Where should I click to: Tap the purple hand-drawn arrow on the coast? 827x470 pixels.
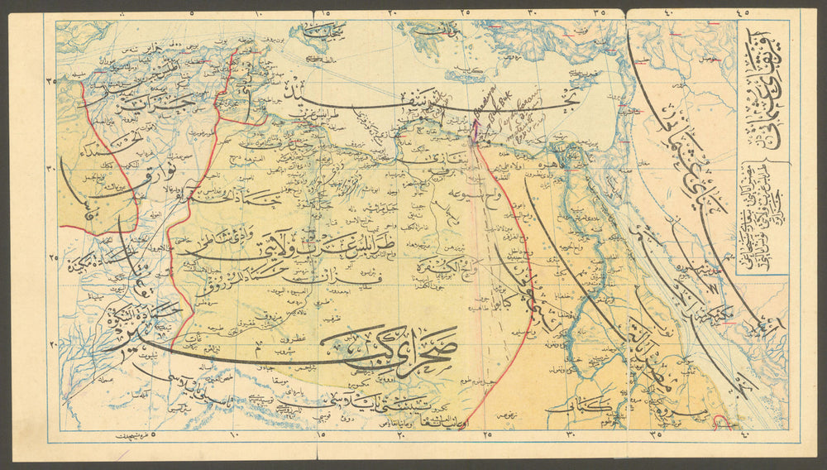point(476,132)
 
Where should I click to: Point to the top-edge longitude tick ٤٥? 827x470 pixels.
point(741,12)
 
